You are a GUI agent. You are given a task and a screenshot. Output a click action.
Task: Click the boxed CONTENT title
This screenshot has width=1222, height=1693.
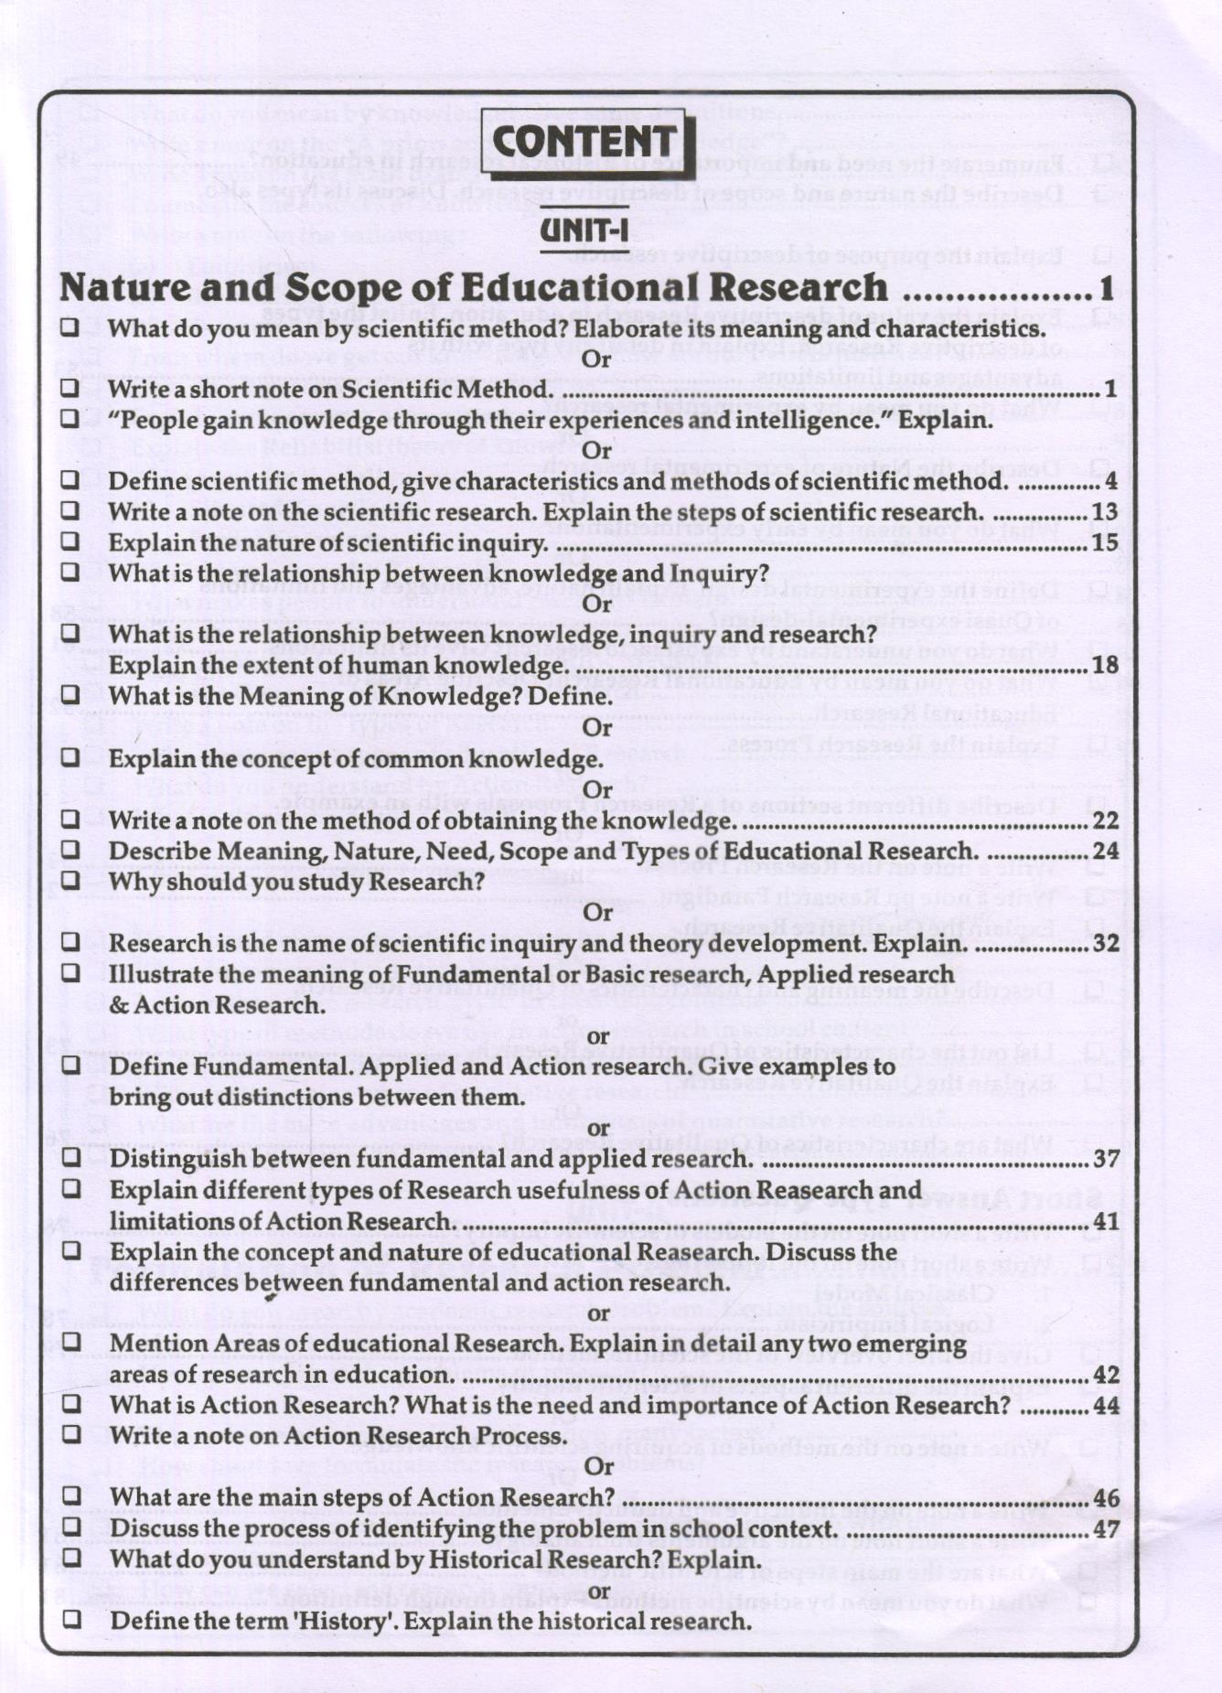585,143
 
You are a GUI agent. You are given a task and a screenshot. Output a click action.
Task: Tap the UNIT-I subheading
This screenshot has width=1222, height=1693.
584,229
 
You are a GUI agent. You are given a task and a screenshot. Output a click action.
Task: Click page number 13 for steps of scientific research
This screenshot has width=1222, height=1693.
1105,511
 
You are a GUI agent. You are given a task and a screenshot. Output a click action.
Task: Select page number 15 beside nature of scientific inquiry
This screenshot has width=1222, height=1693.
1105,542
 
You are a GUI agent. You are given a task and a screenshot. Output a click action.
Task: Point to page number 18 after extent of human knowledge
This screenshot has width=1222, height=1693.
1105,665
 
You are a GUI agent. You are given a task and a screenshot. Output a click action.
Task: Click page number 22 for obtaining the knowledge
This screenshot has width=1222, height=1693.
1105,820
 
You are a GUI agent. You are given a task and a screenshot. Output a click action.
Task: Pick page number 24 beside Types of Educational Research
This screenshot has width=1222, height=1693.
1105,852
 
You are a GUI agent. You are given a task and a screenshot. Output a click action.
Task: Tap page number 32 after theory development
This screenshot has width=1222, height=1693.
1105,943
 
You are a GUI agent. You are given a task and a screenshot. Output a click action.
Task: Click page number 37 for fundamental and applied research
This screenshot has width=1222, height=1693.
1105,1159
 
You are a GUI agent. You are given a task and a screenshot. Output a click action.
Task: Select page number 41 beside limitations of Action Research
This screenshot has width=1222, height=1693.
1105,1222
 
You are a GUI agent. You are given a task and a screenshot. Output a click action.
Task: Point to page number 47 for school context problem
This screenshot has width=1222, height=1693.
1105,1528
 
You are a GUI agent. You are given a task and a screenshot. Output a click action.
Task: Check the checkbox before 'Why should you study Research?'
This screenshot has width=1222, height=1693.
70,881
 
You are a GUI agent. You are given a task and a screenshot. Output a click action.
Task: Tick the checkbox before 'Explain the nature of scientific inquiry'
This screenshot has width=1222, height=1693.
70,541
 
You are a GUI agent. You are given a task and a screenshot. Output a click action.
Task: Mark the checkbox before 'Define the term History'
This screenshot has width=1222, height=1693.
70,1620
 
